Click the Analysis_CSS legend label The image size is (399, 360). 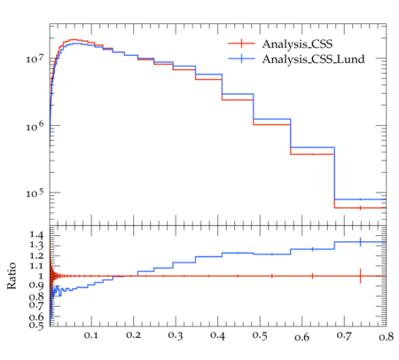(297, 44)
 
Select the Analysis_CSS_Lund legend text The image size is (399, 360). (313, 59)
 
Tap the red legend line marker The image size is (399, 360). (241, 43)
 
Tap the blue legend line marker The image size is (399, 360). (241, 59)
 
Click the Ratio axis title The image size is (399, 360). (12, 276)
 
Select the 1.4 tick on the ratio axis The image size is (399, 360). (36, 235)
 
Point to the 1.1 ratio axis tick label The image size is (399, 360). (36, 266)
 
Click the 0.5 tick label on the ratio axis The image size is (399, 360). (36, 325)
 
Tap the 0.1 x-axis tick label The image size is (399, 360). (91, 335)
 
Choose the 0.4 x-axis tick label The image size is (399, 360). (217, 335)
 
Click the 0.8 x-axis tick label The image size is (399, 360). (386, 336)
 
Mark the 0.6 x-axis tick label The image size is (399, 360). (301, 337)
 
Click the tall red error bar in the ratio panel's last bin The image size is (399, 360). (360, 276)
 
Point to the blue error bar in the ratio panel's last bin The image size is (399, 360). (360, 242)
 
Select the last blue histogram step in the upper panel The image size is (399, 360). (360, 200)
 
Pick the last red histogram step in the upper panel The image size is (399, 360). (360, 207)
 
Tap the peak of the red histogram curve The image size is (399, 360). (74, 39)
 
